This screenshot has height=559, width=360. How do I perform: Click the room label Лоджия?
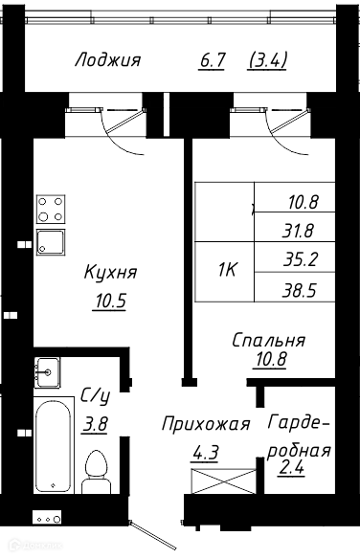[107, 60]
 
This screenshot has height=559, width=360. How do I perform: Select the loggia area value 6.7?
[213, 60]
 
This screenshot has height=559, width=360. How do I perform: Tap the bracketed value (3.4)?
[267, 60]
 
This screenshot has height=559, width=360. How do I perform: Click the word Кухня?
[110, 272]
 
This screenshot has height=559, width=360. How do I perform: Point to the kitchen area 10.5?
[110, 301]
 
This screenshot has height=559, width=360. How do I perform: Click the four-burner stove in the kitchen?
[51, 209]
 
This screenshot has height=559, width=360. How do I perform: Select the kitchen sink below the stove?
[51, 242]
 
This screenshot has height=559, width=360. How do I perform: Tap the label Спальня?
[268, 341]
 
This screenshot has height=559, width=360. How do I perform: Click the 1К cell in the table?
[227, 271]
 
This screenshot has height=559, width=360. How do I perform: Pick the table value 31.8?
[298, 231]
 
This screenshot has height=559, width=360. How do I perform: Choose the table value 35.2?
[300, 259]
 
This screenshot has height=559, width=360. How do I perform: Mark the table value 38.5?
[299, 291]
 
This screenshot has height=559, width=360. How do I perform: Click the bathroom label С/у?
[95, 395]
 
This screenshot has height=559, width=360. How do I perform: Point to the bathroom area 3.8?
[95, 424]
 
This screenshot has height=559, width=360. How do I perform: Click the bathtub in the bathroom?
[54, 446]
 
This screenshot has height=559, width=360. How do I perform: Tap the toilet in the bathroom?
[97, 471]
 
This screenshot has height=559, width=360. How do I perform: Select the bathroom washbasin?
[47, 372]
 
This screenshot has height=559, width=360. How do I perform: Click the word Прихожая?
[206, 425]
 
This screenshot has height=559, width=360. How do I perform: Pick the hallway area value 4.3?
[205, 453]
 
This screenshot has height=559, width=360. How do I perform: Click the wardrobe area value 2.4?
[291, 467]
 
